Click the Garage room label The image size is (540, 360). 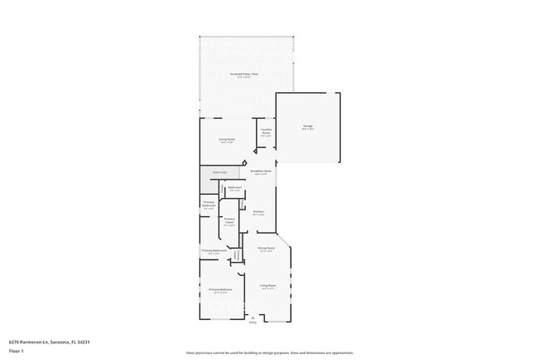pyautogui.click(x=307, y=126)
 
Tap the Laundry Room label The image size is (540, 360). pyautogui.click(x=266, y=131)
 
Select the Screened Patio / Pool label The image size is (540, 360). pyautogui.click(x=246, y=76)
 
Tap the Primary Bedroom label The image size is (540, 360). pyautogui.click(x=220, y=290)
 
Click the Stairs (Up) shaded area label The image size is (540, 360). pyautogui.click(x=219, y=172)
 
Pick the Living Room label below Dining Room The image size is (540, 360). pyautogui.click(x=267, y=286)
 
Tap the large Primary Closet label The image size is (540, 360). pyautogui.click(x=228, y=220)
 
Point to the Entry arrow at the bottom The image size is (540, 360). pyautogui.click(x=253, y=317)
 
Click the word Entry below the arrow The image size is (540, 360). pyautogui.click(x=253, y=323)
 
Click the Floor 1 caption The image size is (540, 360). pyautogui.click(x=16, y=352)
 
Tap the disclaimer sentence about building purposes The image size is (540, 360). pyautogui.click(x=270, y=353)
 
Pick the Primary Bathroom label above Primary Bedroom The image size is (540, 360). pyautogui.click(x=214, y=251)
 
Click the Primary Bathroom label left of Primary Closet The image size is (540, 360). pyautogui.click(x=209, y=205)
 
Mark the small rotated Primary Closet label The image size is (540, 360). pyautogui.click(x=237, y=254)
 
